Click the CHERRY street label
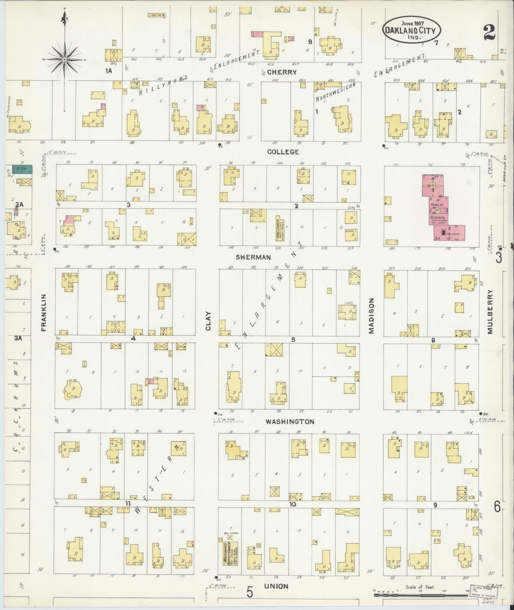point(282,72)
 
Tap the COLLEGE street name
point(283,152)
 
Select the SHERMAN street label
point(253,257)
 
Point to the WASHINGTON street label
point(290,422)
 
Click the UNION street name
point(276,586)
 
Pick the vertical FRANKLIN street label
point(44,312)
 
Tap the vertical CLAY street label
point(208,320)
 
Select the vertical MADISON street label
point(371,316)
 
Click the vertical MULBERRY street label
point(489,312)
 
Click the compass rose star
point(65,60)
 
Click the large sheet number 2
point(489,32)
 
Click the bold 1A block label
point(109,71)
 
